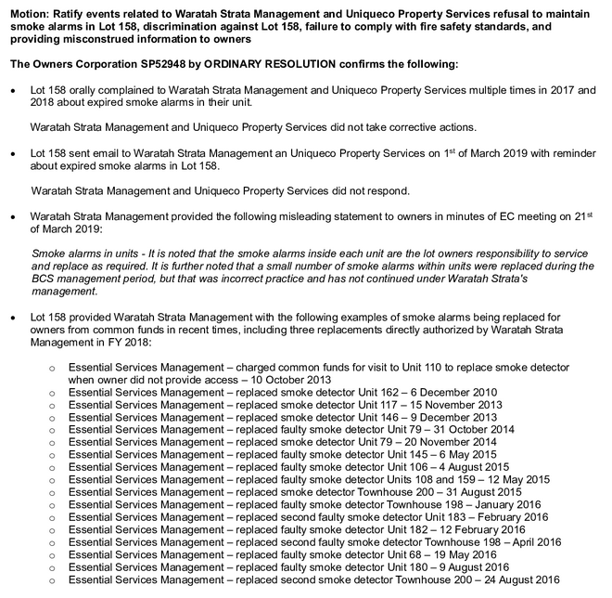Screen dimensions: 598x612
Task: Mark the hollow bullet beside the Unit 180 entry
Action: (x=53, y=567)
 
